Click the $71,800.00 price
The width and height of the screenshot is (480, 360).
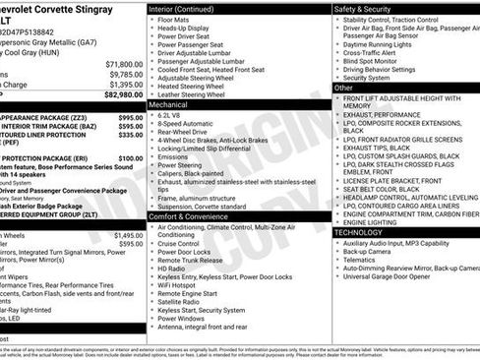pos(125,62)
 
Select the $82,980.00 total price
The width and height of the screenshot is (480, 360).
pos(123,94)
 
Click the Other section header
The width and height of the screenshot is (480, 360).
pos(344,88)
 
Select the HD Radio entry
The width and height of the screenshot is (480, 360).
pos(172,269)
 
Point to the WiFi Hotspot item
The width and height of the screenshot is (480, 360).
pos(178,293)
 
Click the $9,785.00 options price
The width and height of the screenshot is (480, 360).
pos(125,73)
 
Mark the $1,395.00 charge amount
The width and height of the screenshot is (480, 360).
pos(125,84)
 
